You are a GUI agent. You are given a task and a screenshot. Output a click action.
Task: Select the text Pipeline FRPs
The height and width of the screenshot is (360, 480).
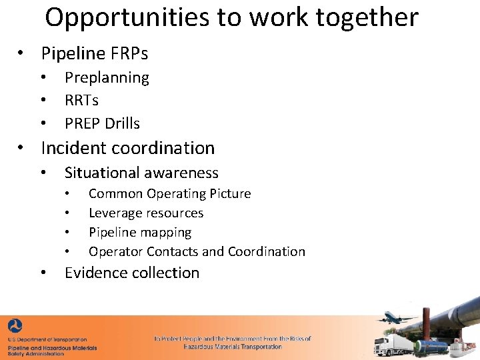click(x=94, y=53)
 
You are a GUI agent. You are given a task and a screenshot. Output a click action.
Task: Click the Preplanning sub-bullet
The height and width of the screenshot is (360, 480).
click(x=107, y=77)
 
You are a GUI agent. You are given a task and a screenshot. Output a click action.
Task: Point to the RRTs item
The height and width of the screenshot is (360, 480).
click(x=81, y=100)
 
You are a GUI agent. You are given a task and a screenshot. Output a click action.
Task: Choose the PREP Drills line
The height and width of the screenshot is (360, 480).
click(x=102, y=123)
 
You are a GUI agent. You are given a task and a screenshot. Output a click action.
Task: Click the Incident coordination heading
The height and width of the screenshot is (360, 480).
click(x=128, y=147)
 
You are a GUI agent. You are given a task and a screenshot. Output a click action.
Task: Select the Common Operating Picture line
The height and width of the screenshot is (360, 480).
click(x=169, y=193)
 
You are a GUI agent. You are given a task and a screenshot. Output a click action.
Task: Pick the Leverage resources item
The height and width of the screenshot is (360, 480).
click(x=146, y=213)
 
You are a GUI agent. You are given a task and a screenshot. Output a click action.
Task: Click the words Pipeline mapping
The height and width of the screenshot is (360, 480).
click(x=140, y=232)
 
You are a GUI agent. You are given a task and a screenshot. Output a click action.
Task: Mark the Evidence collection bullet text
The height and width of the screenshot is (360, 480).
click(x=132, y=273)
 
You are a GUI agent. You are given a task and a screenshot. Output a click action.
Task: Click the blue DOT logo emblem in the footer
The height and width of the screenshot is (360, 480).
click(x=15, y=327)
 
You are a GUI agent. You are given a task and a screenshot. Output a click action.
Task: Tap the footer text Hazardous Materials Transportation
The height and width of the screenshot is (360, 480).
click(x=233, y=347)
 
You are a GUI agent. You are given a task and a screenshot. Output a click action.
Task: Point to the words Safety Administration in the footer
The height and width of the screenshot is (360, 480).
click(x=36, y=353)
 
